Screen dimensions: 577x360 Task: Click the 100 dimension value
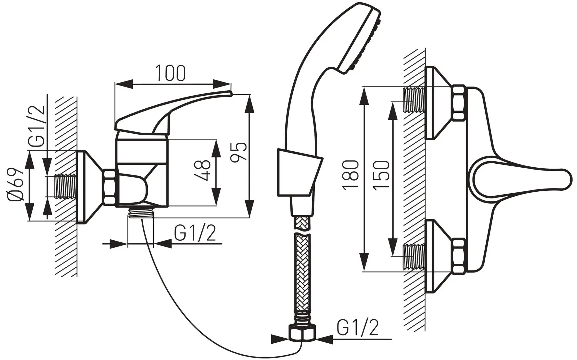[x=170, y=73]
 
